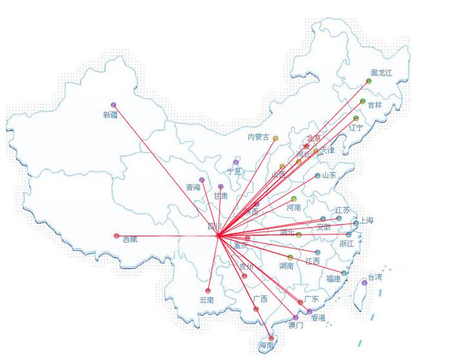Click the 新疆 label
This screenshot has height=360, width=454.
coord(110,115)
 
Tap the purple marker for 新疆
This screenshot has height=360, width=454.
coord(113,105)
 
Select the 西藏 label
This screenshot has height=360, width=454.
coord(130,239)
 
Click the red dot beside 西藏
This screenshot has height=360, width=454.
coord(117,235)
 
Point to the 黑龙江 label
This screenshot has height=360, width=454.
coord(380,73)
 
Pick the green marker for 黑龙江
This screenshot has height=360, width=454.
coord(369,81)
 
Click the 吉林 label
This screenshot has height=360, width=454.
coord(375,105)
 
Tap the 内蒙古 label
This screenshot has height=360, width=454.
coord(259,137)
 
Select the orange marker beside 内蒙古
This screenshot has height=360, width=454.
coord(275,138)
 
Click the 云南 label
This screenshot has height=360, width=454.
coord(206,300)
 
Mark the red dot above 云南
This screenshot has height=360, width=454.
coord(208,290)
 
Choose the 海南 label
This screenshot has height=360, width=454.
coord(266,346)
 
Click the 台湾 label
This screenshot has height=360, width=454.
coord(375,277)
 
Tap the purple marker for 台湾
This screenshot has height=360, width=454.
coord(364,283)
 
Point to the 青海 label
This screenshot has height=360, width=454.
coord(193,188)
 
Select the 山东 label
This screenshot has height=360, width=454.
coord(329,175)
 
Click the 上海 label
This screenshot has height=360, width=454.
coord(366,220)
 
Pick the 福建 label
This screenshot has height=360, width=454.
coord(333,279)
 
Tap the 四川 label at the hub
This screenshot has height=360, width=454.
coord(214,227)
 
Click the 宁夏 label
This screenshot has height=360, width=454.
coord(234,172)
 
